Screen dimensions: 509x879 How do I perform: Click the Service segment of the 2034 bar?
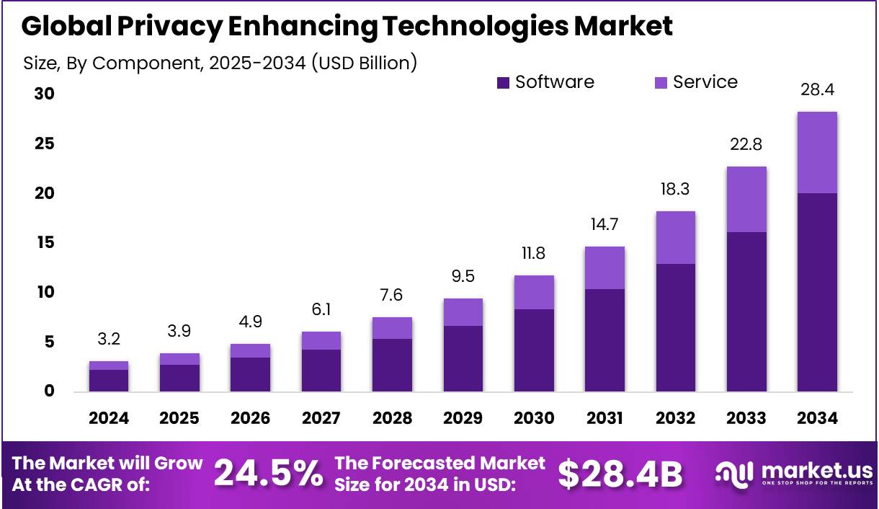(817, 152)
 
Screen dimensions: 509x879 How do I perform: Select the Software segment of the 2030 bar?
(534, 350)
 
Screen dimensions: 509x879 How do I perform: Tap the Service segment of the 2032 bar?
(675, 237)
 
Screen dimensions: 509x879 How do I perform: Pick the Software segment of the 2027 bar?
(321, 371)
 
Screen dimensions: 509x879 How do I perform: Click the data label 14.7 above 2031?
(604, 225)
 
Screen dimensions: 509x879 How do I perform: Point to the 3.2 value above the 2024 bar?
(109, 338)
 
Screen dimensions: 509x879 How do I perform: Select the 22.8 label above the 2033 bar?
(746, 145)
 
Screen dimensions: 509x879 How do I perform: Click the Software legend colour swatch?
(504, 83)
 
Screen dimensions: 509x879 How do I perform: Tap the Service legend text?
(705, 82)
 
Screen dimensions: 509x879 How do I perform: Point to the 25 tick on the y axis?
(45, 144)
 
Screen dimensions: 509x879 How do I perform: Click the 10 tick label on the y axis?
(45, 292)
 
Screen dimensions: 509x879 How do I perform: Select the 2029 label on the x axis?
(463, 418)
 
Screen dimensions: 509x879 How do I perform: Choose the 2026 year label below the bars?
(250, 418)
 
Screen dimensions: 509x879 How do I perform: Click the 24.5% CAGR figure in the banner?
(268, 474)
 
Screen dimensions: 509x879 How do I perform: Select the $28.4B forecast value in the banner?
(620, 474)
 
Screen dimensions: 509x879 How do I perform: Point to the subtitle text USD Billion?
(364, 63)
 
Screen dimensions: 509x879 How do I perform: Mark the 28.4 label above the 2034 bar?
(817, 90)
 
